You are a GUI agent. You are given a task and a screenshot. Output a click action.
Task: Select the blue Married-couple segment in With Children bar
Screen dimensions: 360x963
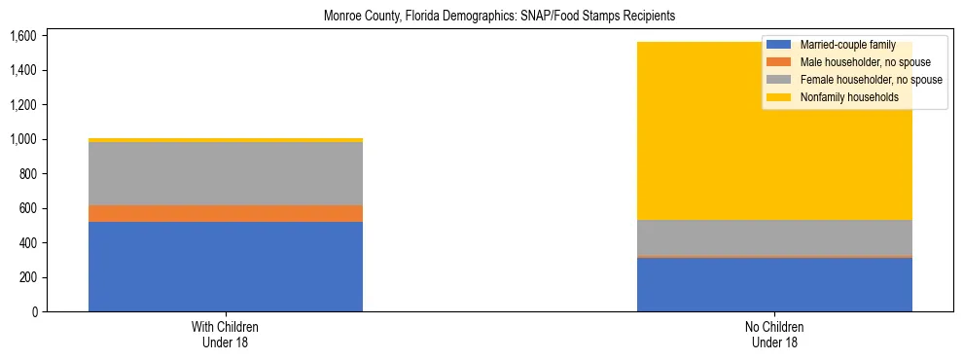point(226,267)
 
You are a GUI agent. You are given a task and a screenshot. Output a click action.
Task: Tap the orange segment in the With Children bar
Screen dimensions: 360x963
point(226,213)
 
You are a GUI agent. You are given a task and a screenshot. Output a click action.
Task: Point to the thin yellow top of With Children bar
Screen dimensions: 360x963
point(226,140)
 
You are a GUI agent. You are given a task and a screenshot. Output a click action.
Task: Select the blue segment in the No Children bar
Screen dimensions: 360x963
point(774,284)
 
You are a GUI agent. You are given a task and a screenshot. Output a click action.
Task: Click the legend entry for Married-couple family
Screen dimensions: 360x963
point(842,45)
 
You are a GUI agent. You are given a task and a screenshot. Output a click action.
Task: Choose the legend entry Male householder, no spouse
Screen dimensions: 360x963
point(851,62)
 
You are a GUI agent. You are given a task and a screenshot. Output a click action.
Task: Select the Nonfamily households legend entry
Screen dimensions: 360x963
point(842,97)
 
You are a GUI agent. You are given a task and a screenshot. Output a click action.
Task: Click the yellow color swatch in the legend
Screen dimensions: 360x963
point(779,97)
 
